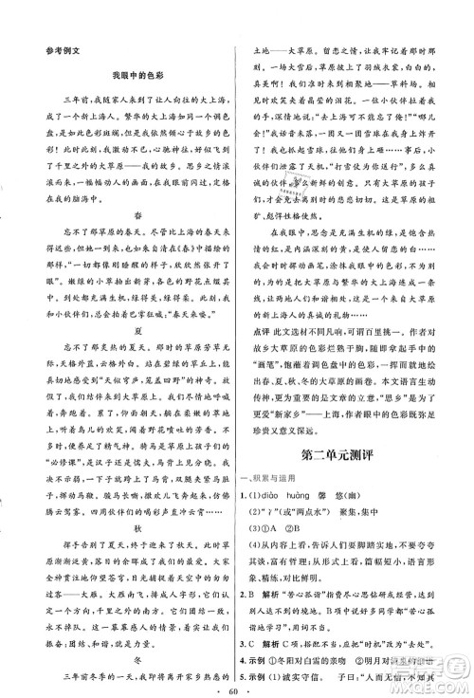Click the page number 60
(236, 683)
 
